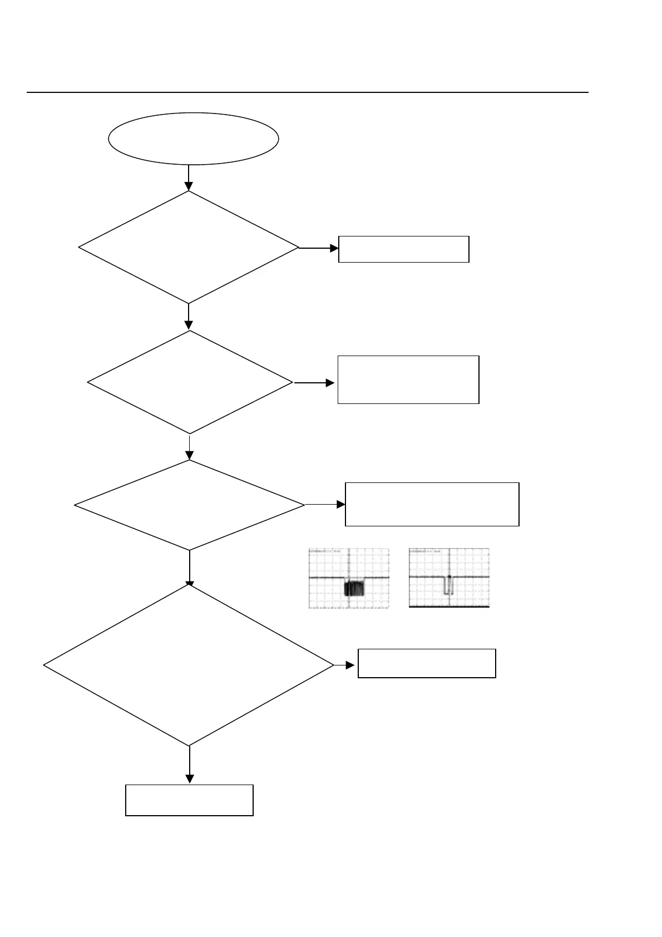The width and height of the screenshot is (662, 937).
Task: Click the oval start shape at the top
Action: click(x=193, y=139)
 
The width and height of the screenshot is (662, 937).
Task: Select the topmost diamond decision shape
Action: click(x=189, y=248)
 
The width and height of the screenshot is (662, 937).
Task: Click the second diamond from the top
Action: click(x=190, y=382)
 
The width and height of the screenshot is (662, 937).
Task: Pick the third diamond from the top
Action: click(x=190, y=505)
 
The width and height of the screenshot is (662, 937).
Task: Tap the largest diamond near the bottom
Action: click(x=189, y=665)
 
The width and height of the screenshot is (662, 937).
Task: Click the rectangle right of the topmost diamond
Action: click(x=403, y=249)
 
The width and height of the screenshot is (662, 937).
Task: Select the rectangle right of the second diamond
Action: click(x=408, y=379)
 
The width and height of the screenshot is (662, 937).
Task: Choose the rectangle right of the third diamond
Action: click(x=432, y=504)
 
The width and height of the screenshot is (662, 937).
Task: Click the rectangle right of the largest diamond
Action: click(x=426, y=663)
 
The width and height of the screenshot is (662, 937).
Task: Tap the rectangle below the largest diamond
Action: click(x=189, y=800)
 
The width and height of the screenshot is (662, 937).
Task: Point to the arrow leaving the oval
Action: click(x=189, y=177)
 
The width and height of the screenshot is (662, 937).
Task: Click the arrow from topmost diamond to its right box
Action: click(x=319, y=248)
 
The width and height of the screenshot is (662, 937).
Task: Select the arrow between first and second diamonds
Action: click(x=189, y=317)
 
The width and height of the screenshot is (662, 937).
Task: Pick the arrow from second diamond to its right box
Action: click(x=314, y=383)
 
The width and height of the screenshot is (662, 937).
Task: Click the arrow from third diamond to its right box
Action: click(x=325, y=505)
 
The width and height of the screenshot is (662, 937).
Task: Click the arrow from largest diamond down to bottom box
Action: click(x=189, y=765)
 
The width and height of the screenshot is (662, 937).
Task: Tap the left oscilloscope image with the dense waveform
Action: click(x=349, y=578)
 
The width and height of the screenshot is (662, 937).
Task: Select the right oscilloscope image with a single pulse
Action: click(x=449, y=578)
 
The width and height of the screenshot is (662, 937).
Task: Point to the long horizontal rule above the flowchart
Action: click(x=307, y=92)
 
